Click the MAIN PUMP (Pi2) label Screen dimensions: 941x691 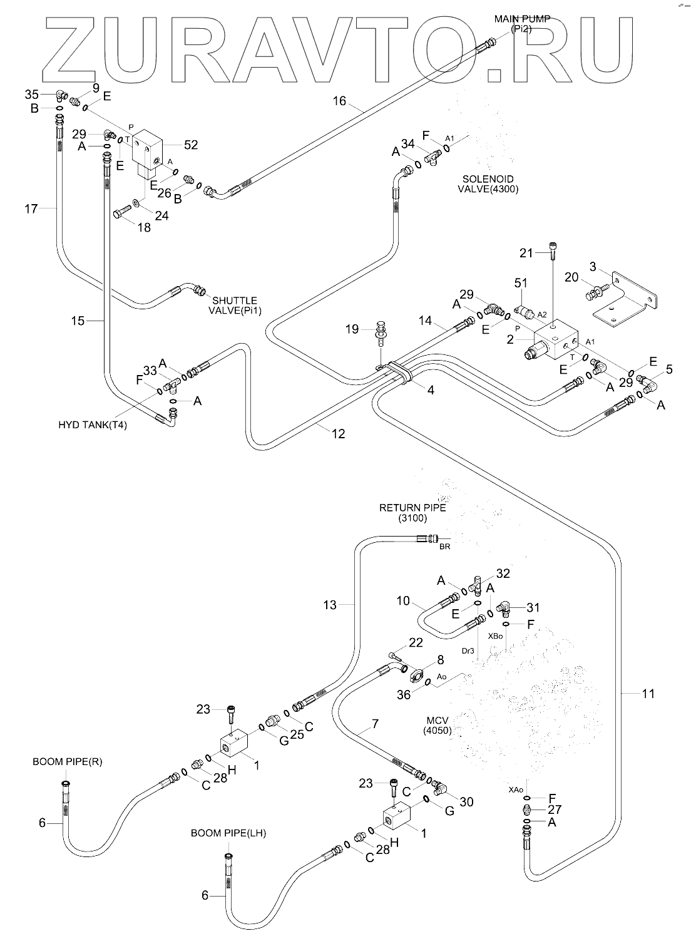[x=522, y=24]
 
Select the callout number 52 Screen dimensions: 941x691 [x=190, y=145]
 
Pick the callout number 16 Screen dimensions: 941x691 [x=339, y=101]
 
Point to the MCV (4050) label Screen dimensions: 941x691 [x=437, y=725]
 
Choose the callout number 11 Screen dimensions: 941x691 [x=648, y=693]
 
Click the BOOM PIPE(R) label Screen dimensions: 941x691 [x=67, y=761]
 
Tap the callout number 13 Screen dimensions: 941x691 [x=330, y=605]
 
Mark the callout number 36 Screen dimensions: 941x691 [x=404, y=694]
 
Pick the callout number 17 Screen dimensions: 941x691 [x=31, y=208]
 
